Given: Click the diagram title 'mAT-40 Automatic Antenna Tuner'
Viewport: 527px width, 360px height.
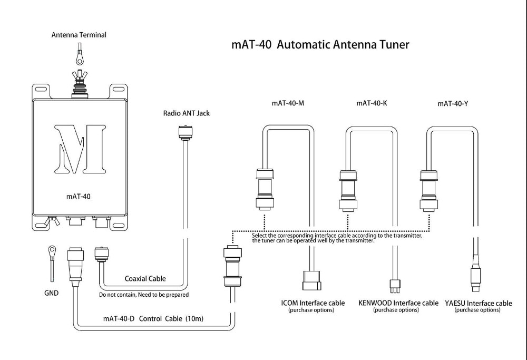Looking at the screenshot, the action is pyautogui.click(x=320, y=45).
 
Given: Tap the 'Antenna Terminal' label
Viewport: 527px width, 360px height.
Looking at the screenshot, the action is pyautogui.click(x=79, y=35).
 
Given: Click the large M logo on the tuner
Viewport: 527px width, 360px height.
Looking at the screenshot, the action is pyautogui.click(x=80, y=149).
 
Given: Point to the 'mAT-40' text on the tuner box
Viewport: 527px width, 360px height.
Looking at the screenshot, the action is pyautogui.click(x=79, y=197).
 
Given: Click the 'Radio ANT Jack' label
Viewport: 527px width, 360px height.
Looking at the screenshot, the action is pyautogui.click(x=186, y=113).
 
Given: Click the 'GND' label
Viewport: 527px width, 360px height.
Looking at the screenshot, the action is pyautogui.click(x=52, y=293).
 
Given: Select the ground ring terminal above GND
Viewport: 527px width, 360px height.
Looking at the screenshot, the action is pyautogui.click(x=52, y=250).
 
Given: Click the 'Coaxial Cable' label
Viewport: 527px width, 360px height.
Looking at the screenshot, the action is pyautogui.click(x=145, y=279).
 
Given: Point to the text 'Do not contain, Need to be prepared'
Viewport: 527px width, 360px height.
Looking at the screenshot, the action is pyautogui.click(x=144, y=295).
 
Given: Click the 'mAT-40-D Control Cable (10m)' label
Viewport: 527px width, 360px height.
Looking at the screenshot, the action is pyautogui.click(x=153, y=319).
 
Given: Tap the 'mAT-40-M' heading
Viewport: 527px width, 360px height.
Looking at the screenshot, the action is pyautogui.click(x=288, y=103).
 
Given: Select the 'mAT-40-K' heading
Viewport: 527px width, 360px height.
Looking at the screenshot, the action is pyautogui.click(x=372, y=103).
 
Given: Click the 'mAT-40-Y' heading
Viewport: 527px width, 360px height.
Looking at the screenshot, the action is pyautogui.click(x=453, y=103).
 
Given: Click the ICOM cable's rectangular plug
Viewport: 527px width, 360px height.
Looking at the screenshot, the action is pyautogui.click(x=312, y=280).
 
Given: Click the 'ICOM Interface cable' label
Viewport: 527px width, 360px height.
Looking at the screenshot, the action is pyautogui.click(x=313, y=303).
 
